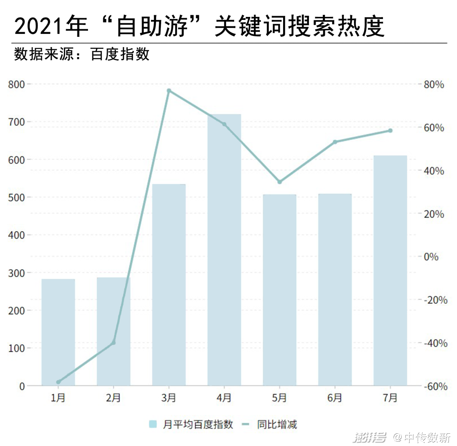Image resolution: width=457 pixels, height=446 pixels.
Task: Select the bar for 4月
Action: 224,250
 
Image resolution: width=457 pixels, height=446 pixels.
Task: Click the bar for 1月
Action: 58,332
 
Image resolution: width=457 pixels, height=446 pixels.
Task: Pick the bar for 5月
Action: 279,290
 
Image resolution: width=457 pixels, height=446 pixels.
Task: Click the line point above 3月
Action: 169,91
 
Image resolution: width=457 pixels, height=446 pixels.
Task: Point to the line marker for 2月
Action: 113,343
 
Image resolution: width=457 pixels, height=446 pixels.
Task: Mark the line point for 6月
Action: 335,142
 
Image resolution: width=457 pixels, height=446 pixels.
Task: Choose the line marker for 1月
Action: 58,382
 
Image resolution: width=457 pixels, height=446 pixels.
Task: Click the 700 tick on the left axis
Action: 17,122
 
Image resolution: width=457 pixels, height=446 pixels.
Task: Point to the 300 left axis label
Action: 17,273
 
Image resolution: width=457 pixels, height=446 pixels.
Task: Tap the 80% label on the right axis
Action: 433,85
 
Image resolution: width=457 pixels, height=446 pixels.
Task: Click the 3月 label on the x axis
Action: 169,398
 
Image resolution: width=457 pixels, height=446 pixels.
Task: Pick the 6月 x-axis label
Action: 335,398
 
